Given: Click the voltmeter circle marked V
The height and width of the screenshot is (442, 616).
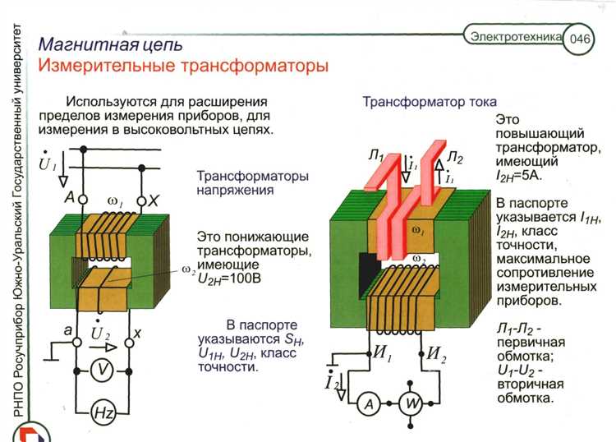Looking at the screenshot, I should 101,371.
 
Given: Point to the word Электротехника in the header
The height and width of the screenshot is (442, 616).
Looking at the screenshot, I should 515,36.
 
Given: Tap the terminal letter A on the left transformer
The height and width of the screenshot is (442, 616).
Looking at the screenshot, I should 71,198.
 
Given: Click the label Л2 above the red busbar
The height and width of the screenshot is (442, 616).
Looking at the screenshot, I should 457,158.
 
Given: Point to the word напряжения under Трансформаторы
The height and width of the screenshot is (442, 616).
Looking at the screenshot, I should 235,191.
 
